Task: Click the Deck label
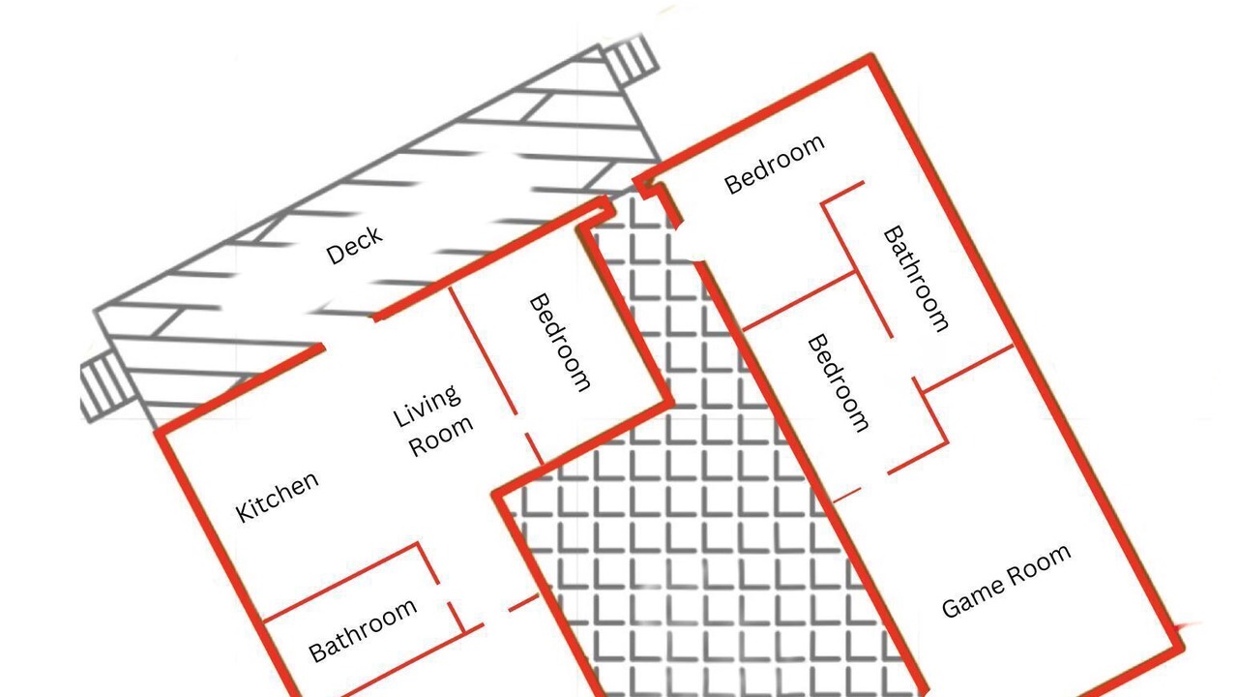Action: coord(354,245)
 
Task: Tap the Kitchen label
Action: coord(278,497)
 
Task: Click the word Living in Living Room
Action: coord(427,406)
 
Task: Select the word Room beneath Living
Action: coord(440,436)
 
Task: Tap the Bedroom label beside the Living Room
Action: coord(560,343)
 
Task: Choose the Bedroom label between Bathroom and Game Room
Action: coord(839,382)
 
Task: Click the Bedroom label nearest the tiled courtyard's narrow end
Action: coord(775,165)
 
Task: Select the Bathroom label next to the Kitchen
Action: coord(363,630)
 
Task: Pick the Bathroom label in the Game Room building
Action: coord(916,278)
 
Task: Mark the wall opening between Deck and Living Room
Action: coord(348,332)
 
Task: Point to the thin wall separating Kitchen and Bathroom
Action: coord(339,583)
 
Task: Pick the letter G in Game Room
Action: coord(951,608)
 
